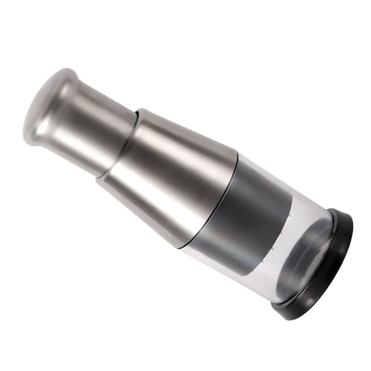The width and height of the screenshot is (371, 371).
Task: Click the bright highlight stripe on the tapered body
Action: coord(185,153)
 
